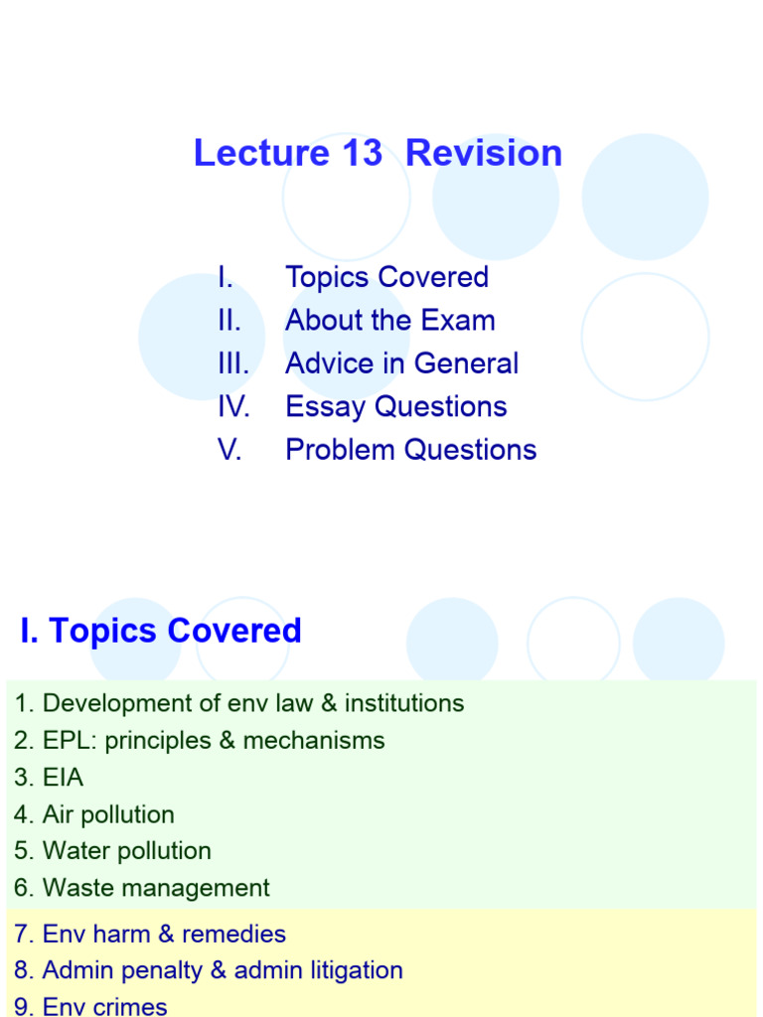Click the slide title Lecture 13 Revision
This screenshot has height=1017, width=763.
point(378,154)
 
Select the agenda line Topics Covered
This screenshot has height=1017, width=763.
point(386,277)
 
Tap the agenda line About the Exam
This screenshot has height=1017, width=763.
point(389,321)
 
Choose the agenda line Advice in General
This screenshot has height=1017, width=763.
point(401,363)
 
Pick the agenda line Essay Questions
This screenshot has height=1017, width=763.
point(395,407)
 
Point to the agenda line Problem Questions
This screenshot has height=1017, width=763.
point(410,450)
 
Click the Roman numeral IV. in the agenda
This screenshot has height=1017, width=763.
point(233,407)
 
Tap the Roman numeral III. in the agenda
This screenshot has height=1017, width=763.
point(233,363)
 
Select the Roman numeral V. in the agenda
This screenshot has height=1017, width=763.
point(229,450)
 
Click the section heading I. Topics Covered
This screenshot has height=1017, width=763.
point(160,631)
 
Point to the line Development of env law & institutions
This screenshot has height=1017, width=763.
point(238,703)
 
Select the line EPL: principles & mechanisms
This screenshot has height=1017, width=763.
point(199,740)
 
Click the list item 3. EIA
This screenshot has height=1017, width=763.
point(49,778)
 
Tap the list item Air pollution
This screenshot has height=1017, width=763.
point(94,814)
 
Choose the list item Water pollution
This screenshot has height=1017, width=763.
point(112,851)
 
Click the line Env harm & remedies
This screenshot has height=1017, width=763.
point(150,934)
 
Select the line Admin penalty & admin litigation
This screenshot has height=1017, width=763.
point(209,970)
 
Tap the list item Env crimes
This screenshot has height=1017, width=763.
point(90,1006)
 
